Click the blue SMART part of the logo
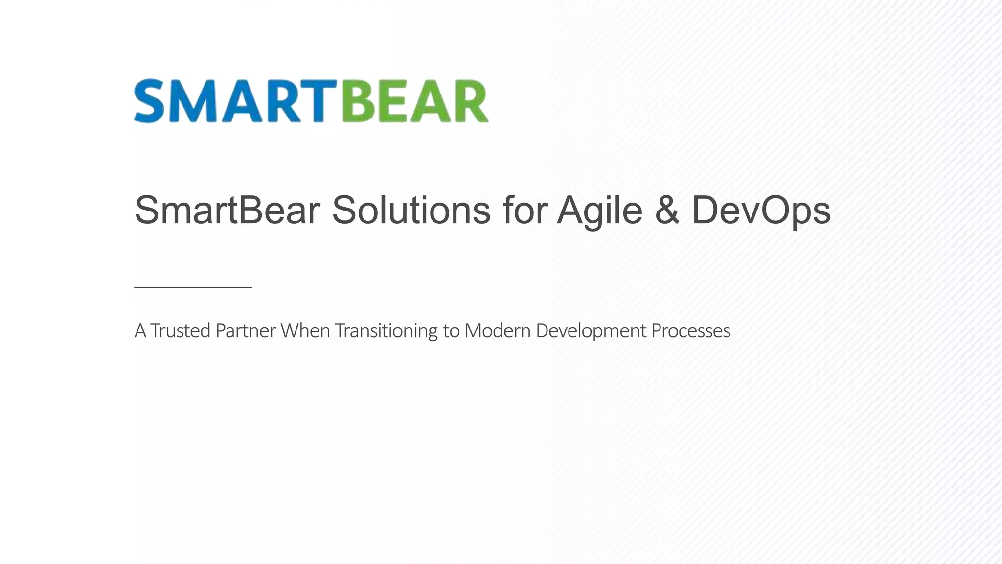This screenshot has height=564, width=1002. click(235, 101)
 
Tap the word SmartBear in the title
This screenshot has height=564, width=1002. click(227, 210)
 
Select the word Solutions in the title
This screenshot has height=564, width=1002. click(411, 210)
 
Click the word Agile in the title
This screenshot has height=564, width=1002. click(599, 210)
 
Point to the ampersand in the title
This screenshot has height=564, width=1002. click(666, 210)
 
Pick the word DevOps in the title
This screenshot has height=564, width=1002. click(761, 210)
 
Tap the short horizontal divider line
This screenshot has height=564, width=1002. click(193, 287)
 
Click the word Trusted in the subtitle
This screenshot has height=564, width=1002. click(180, 331)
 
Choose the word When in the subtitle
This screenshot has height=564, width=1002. click(305, 331)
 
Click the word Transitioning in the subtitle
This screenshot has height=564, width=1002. click(386, 331)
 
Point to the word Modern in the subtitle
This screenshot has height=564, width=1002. click(497, 331)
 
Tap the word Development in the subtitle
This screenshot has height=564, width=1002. click(591, 331)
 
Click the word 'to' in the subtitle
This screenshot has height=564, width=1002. click(451, 331)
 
